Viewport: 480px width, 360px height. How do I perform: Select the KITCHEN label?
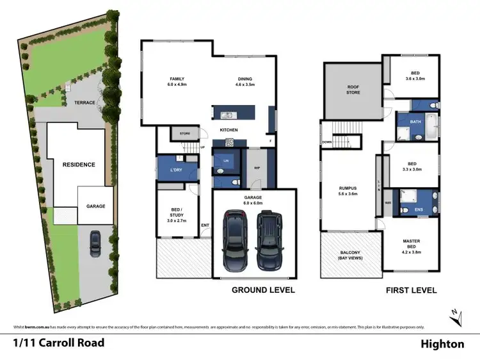coord(229,130)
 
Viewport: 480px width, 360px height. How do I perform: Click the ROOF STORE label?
coord(353,89)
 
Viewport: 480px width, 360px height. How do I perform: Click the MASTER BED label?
coord(412,244)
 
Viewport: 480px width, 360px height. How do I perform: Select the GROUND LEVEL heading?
coord(263,290)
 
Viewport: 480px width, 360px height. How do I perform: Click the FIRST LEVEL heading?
coord(412,290)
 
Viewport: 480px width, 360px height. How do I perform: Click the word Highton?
coord(442,344)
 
